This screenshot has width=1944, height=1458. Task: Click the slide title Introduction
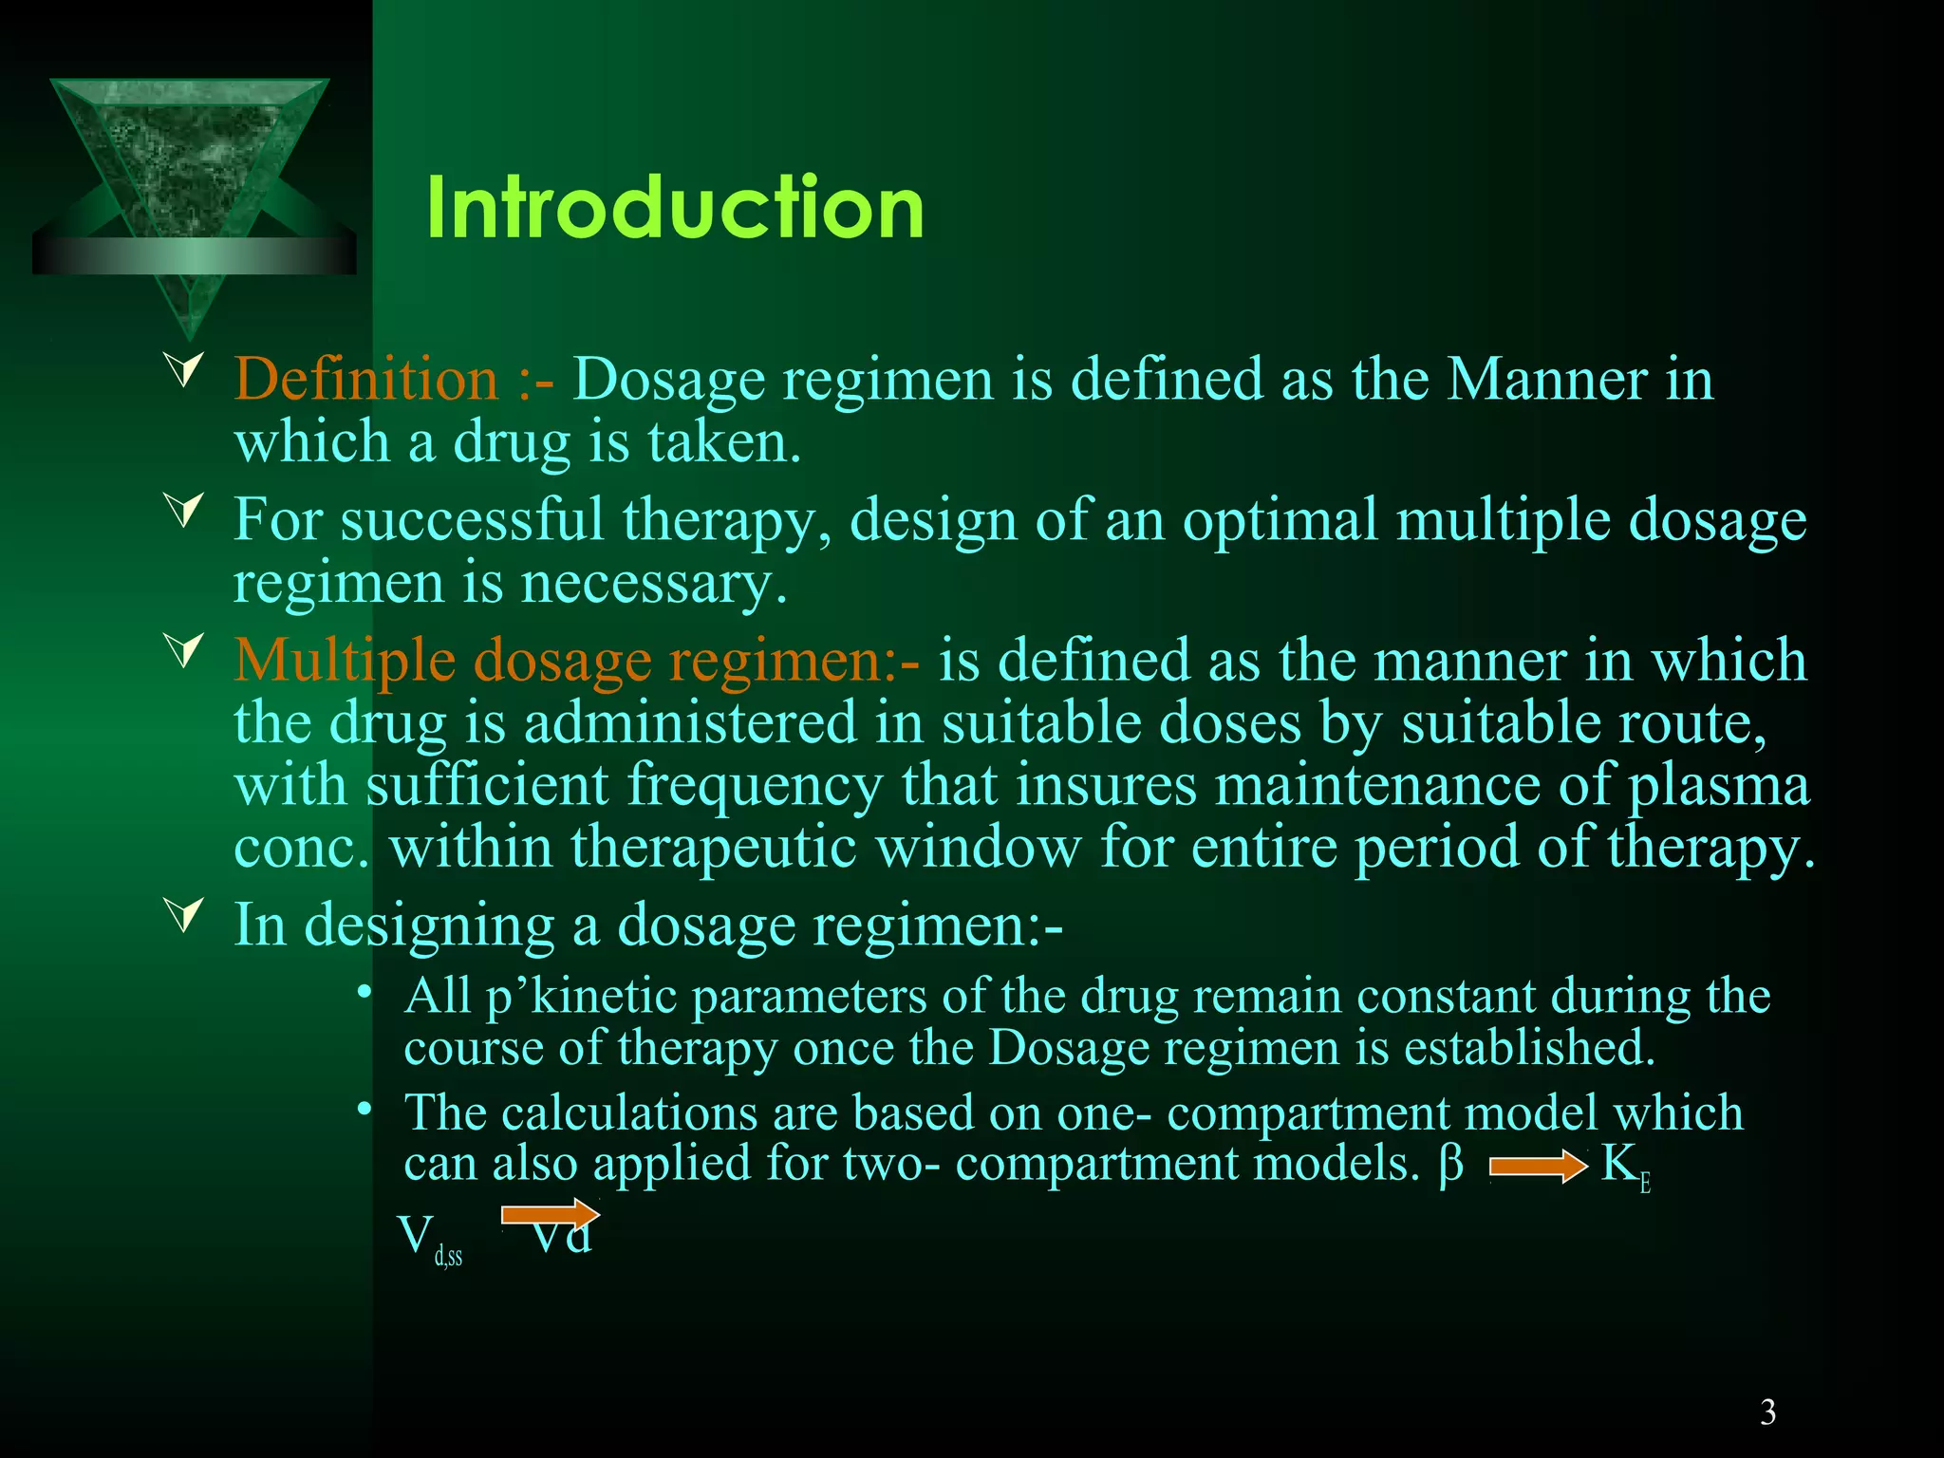(x=675, y=208)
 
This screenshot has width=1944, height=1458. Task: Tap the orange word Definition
(x=366, y=379)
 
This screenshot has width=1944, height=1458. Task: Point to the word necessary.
(x=654, y=583)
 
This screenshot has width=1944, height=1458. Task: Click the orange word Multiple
(x=344, y=660)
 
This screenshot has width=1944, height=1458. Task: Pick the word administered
(x=691, y=722)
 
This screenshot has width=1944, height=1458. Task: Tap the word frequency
(x=755, y=786)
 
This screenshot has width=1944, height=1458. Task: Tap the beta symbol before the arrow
(x=1450, y=1164)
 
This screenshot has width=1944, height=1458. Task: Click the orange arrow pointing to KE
(x=1538, y=1167)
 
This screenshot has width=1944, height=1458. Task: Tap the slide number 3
(x=1767, y=1412)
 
